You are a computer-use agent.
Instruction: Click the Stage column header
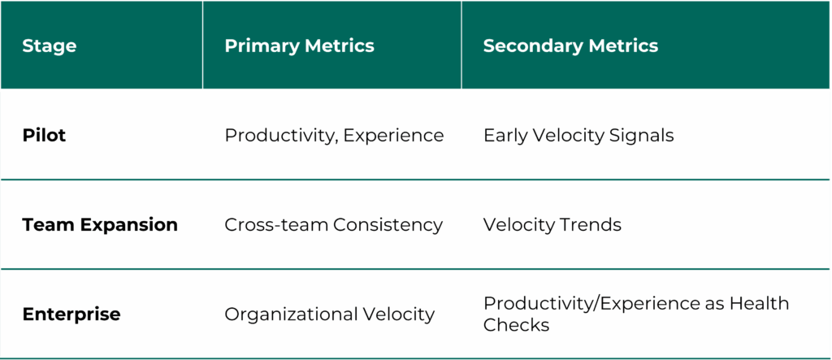pyautogui.click(x=50, y=46)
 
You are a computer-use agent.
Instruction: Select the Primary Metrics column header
pyautogui.click(x=299, y=46)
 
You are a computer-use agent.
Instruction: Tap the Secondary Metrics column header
pyautogui.click(x=570, y=46)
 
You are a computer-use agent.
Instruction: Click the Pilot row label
pyautogui.click(x=44, y=135)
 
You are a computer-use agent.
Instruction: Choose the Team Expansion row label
pyautogui.click(x=100, y=225)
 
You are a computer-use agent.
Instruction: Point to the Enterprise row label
pyautogui.click(x=71, y=314)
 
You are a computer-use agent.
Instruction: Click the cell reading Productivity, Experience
pyautogui.click(x=334, y=136)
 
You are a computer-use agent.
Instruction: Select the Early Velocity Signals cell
pyautogui.click(x=578, y=136)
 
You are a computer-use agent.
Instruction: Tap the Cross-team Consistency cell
pyautogui.click(x=333, y=225)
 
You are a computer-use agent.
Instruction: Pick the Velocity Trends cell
pyautogui.click(x=552, y=225)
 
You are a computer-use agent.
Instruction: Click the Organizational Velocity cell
pyautogui.click(x=329, y=314)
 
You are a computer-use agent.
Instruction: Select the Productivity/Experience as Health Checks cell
pyautogui.click(x=635, y=314)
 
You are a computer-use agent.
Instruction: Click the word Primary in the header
pyautogui.click(x=257, y=46)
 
